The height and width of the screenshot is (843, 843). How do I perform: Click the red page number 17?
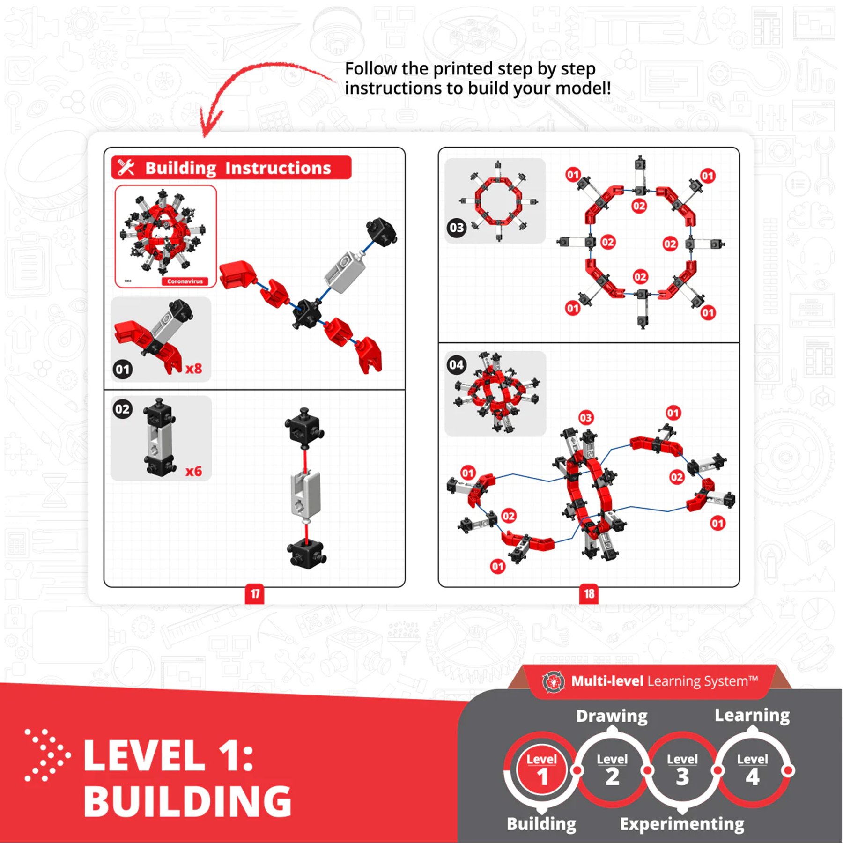click(254, 594)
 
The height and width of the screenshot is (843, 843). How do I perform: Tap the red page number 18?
click(589, 594)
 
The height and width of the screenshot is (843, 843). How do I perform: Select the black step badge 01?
click(123, 370)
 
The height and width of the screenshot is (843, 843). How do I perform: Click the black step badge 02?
click(123, 409)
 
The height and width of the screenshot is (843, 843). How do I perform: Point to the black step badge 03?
click(457, 228)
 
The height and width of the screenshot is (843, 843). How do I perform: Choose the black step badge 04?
click(457, 365)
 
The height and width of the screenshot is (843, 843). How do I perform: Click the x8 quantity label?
click(193, 369)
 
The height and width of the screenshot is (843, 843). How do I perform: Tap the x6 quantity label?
click(193, 471)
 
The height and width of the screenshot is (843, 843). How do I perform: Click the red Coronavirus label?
click(185, 281)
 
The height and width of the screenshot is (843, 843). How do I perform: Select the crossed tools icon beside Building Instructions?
click(126, 167)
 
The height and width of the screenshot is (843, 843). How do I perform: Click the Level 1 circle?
click(542, 770)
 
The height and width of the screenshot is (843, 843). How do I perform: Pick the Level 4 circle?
click(752, 770)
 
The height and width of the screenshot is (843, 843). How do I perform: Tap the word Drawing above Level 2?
click(612, 716)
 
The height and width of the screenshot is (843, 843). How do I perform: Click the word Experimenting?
click(682, 824)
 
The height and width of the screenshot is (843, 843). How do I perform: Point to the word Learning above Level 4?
click(752, 715)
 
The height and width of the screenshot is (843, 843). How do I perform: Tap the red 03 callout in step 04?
click(586, 418)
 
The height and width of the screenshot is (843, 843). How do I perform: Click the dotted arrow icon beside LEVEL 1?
click(47, 755)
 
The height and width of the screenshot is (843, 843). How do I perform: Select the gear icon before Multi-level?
click(553, 682)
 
